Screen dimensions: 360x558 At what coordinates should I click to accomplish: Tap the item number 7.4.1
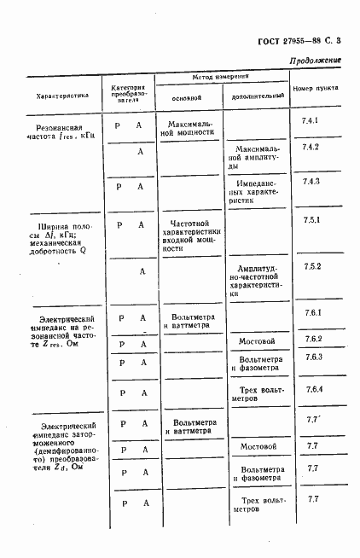pyautogui.click(x=311, y=120)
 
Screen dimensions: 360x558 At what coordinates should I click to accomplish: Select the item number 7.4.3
pyautogui.click(x=311, y=182)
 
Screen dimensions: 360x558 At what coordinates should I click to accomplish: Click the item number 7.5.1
pyautogui.click(x=311, y=221)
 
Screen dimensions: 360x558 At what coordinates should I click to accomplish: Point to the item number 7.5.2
pyautogui.click(x=311, y=267)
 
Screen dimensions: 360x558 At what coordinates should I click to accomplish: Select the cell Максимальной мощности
pyautogui.click(x=190, y=128)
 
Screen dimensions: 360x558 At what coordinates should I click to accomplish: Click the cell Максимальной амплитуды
pyautogui.click(x=256, y=157)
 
